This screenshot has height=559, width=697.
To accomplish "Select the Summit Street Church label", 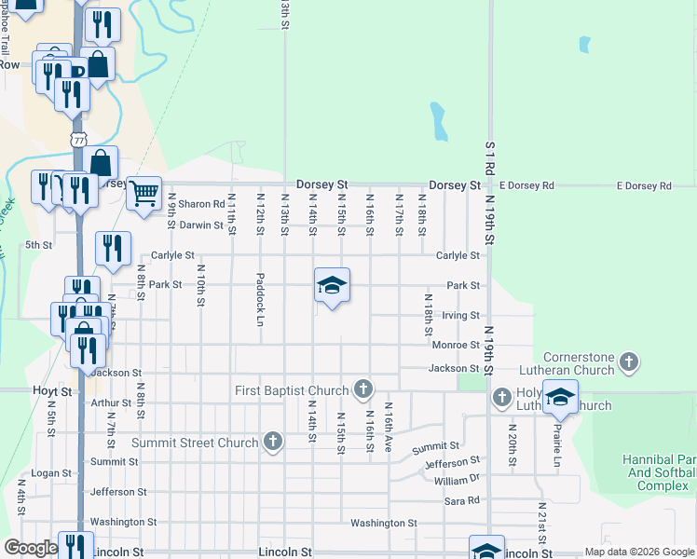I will (x=194, y=442).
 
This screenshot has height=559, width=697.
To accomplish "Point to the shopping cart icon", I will (x=143, y=194).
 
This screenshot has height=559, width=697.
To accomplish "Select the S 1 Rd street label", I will (x=489, y=161).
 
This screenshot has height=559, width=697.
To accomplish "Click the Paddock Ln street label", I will (x=261, y=300).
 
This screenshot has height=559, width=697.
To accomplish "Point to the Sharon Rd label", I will (x=202, y=204).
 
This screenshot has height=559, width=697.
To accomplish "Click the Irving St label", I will (x=460, y=316).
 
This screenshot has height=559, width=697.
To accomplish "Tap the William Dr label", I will (x=457, y=480).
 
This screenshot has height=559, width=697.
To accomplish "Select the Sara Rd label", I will (x=461, y=500).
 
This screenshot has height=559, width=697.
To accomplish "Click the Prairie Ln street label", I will (x=558, y=445).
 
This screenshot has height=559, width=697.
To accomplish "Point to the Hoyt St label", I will (x=52, y=392).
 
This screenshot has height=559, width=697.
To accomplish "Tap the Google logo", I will (x=30, y=548).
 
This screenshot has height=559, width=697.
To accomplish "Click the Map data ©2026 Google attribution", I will (x=638, y=552).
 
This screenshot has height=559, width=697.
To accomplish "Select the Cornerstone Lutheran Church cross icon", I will (x=629, y=361).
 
